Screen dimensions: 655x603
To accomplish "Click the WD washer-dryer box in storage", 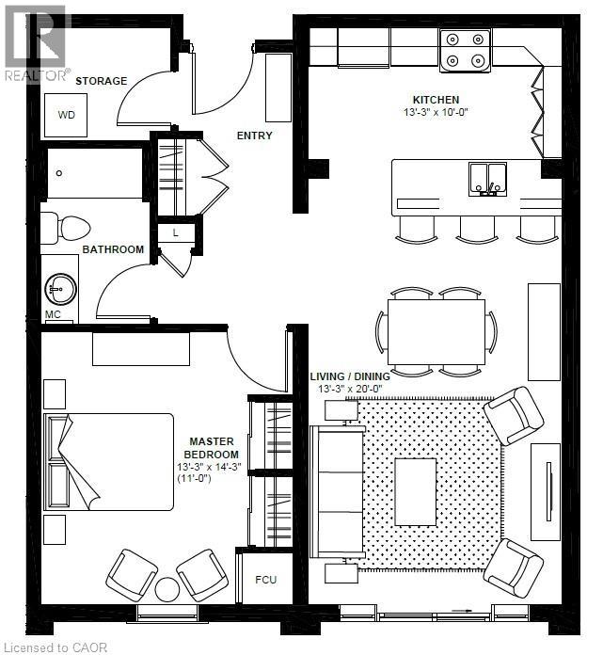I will pos(66,116).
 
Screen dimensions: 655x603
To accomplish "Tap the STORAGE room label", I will pos(101,81).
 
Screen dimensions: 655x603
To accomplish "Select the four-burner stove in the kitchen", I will pos(465,52).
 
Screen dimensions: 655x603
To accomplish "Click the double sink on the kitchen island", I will pos(487,176).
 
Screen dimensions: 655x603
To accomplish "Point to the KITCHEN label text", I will pos(436,100).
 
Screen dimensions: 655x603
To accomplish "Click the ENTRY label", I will pos(254,136).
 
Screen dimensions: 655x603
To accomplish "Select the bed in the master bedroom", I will pos(108,461).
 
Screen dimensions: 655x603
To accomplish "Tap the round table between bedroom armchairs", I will pos(167,590).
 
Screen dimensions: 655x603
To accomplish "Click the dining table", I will pos(436,331).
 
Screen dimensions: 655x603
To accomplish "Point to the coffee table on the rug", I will pos(415,490).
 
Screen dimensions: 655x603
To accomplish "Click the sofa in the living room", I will pos(337,490).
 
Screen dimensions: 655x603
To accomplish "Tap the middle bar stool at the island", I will pos(477,228).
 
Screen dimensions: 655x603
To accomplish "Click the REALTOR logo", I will pos(36,42).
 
